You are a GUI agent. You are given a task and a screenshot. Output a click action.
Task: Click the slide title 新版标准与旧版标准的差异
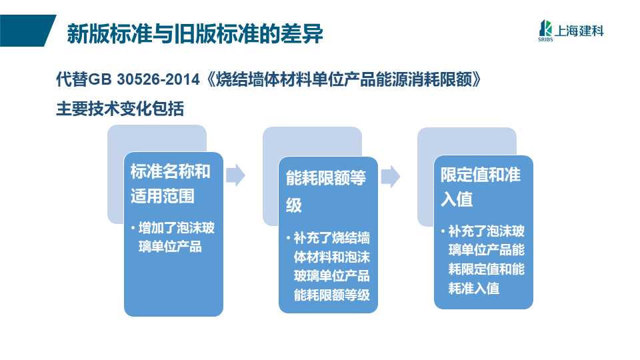pyautogui.click(x=195, y=33)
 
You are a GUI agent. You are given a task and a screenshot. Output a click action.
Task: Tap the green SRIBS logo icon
pyautogui.click(x=545, y=29)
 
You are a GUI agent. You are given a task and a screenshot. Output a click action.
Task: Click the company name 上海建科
pyautogui.click(x=579, y=31)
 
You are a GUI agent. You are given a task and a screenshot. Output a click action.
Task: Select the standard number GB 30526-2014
pyautogui.click(x=144, y=79)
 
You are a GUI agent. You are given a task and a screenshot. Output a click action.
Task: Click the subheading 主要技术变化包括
pyautogui.click(x=120, y=109)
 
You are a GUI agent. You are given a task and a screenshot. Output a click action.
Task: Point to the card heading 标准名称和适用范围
pyautogui.click(x=170, y=184)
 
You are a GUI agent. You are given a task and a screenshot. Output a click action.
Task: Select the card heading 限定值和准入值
pyautogui.click(x=481, y=187)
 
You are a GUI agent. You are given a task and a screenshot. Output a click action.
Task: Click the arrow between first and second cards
pyautogui.click(x=235, y=175)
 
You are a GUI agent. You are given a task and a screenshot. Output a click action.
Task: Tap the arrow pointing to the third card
pyautogui.click(x=391, y=176)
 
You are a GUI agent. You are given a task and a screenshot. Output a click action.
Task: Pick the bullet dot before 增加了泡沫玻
pyautogui.click(x=133, y=228)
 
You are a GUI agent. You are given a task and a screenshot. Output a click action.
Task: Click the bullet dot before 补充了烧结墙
pyautogui.click(x=288, y=237)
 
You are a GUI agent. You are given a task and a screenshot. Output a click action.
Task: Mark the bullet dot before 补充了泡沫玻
pyautogui.click(x=443, y=231)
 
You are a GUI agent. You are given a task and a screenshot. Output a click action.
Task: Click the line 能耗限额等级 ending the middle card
pyautogui.click(x=332, y=295)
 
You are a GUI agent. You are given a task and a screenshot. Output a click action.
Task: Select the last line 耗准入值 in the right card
pyautogui.click(x=474, y=289)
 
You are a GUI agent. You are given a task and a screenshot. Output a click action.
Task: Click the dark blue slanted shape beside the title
pyautogui.click(x=28, y=31)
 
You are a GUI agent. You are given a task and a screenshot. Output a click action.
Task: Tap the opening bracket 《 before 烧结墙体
pyautogui.click(x=208, y=79)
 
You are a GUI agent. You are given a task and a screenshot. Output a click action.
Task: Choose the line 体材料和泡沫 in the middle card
pyautogui.click(x=332, y=257)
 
